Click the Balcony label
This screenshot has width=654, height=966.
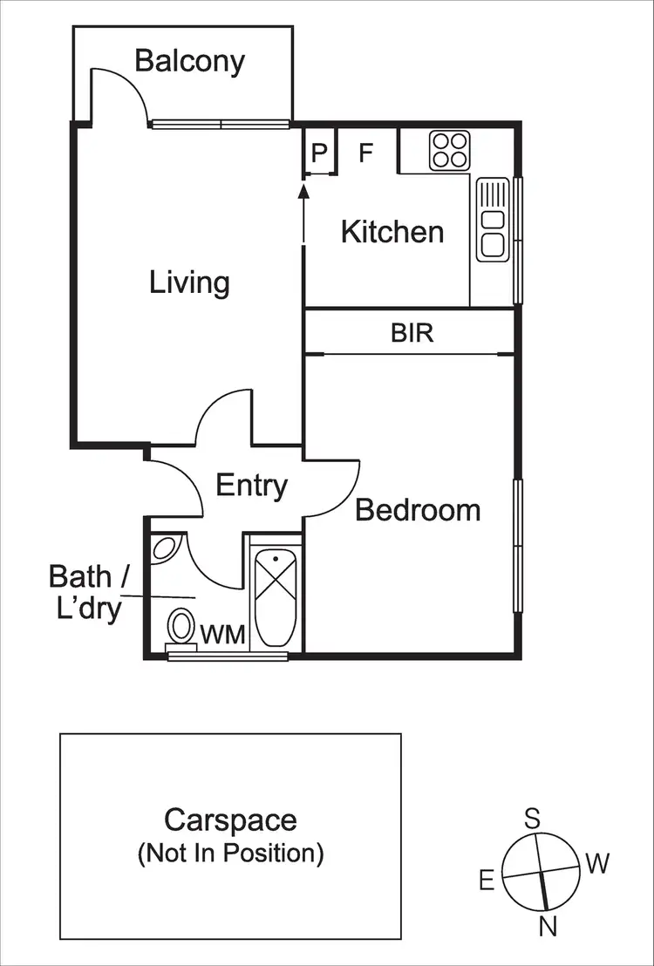pyautogui.click(x=189, y=61)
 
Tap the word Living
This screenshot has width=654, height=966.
pyautogui.click(x=189, y=282)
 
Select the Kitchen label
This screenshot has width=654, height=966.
pyautogui.click(x=392, y=232)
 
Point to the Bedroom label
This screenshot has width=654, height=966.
pyautogui.click(x=418, y=509)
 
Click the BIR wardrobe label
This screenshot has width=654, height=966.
pyautogui.click(x=412, y=332)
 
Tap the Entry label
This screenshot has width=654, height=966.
pyautogui.click(x=251, y=486)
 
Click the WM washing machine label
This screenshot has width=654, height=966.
pyautogui.click(x=224, y=633)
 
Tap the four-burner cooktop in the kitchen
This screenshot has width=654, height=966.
pyautogui.click(x=450, y=149)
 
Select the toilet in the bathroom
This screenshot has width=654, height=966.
pyautogui.click(x=181, y=625)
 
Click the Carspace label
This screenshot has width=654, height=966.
pyautogui.click(x=230, y=820)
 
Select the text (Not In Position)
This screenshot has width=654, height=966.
pyautogui.click(x=230, y=853)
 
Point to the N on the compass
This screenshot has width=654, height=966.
pyautogui.click(x=548, y=927)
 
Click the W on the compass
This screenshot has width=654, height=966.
pyautogui.click(x=597, y=864)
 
